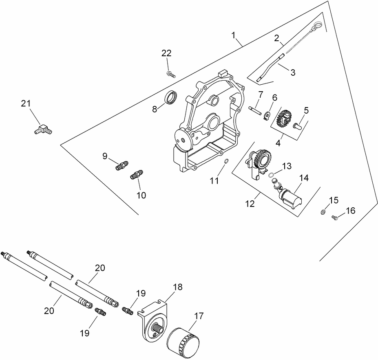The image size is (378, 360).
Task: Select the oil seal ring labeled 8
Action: pyautogui.click(x=171, y=98)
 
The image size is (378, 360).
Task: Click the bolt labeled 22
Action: pyautogui.click(x=170, y=74)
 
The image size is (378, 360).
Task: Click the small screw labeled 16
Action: pyautogui.click(x=335, y=218)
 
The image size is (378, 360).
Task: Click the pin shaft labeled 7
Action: pyautogui.click(x=254, y=109)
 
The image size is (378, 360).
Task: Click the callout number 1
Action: pyautogui.click(x=234, y=35)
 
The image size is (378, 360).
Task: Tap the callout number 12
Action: pyautogui.click(x=250, y=203)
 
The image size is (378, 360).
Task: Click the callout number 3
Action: pyautogui.click(x=293, y=72)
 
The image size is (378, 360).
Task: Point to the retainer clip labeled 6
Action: pyautogui.click(x=267, y=115)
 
